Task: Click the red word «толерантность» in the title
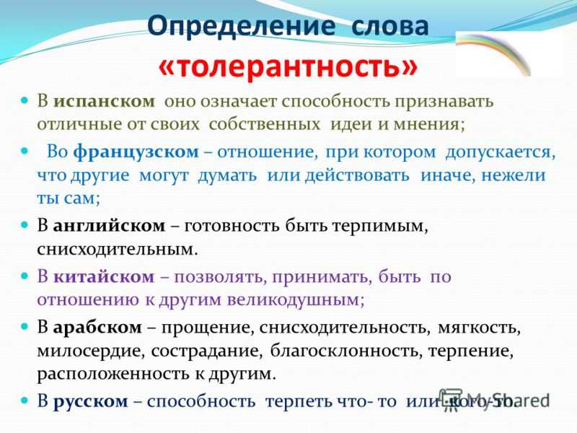[288, 66]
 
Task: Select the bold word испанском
[104, 101]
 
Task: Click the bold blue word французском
[136, 152]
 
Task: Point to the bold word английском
[109, 226]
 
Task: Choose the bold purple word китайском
[104, 276]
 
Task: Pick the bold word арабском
[97, 327]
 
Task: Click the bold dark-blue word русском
[91, 401]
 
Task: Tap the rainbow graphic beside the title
[493, 53]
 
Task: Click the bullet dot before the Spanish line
[25, 100]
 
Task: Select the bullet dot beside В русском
[25, 400]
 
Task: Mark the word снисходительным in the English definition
[118, 250]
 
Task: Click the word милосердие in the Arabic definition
[89, 351]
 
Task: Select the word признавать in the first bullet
[444, 102]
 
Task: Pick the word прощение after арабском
[208, 328]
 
